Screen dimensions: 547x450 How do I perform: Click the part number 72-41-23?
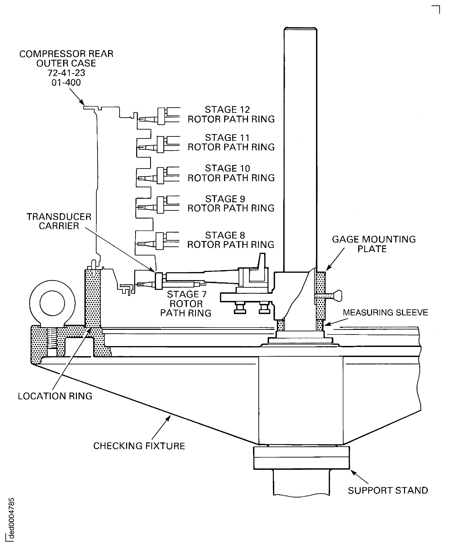(x=66, y=73)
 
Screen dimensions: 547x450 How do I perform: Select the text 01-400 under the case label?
(x=66, y=83)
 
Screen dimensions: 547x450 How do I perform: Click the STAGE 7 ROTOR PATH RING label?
(x=186, y=303)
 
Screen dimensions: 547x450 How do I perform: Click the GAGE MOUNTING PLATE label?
(x=374, y=244)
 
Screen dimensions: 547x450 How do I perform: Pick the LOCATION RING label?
(x=55, y=396)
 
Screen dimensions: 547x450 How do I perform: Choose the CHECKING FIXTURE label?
(x=139, y=446)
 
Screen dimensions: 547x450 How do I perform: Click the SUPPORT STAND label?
(x=388, y=490)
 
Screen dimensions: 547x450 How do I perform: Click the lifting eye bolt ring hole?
(x=52, y=303)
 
